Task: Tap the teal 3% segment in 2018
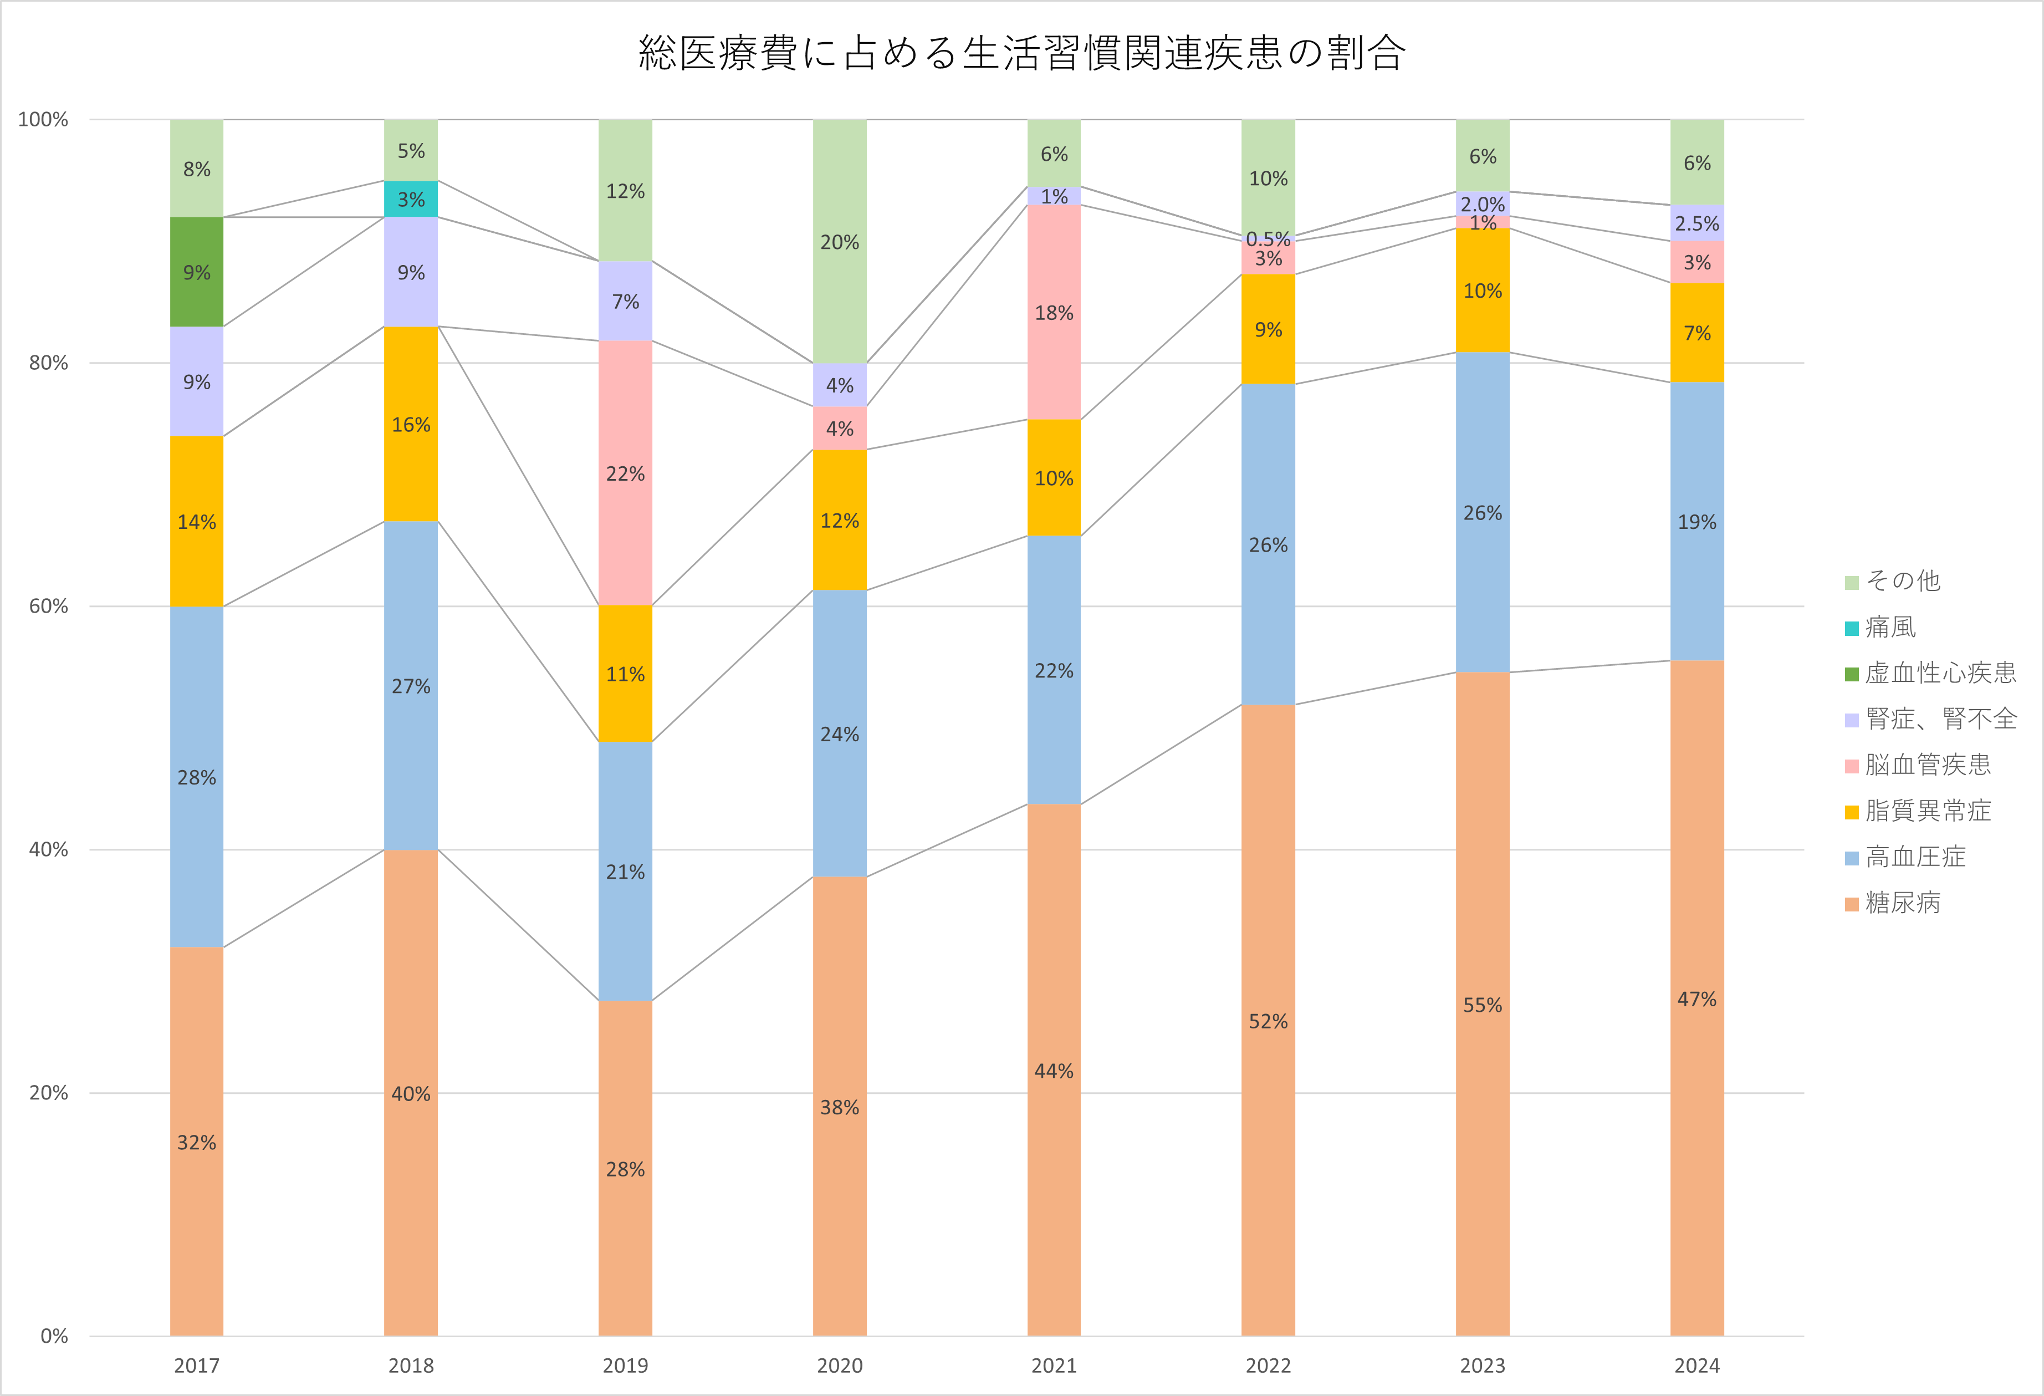coord(411,199)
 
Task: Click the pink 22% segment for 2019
coord(625,473)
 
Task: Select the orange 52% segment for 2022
coord(1268,1021)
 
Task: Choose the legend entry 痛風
coord(1891,627)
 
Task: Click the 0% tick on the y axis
coord(54,1336)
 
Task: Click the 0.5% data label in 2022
coord(1268,238)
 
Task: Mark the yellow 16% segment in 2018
coord(411,425)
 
